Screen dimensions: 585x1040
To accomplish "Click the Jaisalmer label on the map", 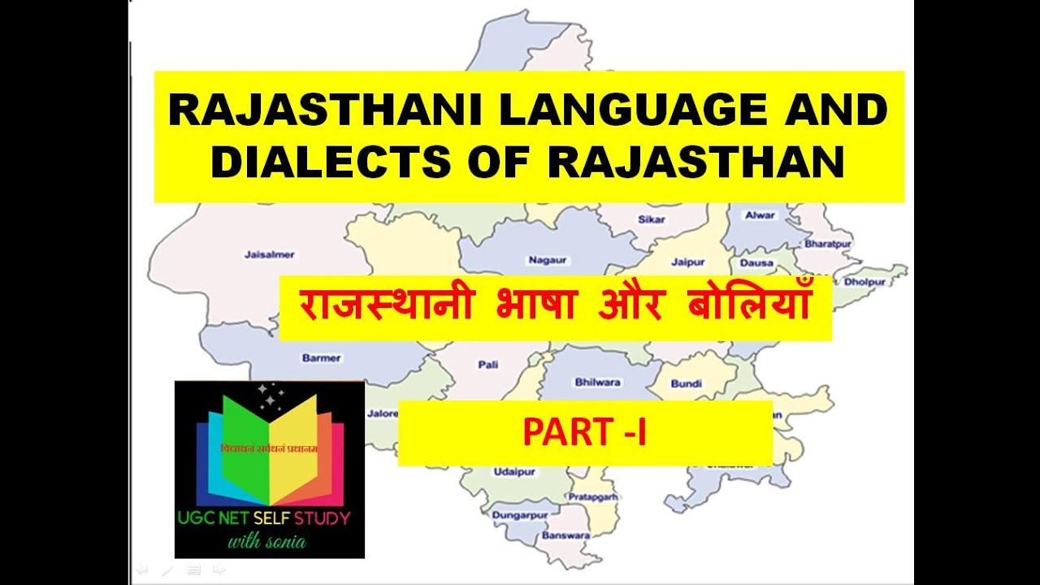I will [x=269, y=254].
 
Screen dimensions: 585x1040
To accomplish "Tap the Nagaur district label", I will [x=548, y=260].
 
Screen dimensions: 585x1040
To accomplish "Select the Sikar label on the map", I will [x=651, y=219].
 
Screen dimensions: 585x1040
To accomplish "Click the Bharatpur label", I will [x=826, y=243].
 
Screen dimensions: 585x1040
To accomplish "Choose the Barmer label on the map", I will [x=322, y=357].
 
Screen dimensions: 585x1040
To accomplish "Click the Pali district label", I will [x=488, y=366].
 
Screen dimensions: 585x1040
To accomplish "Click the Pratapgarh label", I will [x=592, y=496].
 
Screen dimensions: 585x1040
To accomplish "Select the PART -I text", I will [x=584, y=433].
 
